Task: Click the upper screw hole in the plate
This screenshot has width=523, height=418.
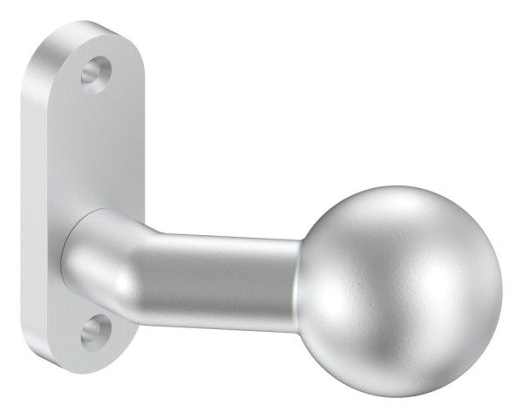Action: pos(97,72)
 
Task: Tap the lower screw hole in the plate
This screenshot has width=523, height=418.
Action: pos(96,331)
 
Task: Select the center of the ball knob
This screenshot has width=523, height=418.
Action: pos(399,277)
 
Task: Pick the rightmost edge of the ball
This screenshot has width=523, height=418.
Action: pos(503,279)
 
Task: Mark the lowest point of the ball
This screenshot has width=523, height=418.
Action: pos(401,371)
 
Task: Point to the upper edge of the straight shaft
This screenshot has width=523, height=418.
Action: pos(227,236)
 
